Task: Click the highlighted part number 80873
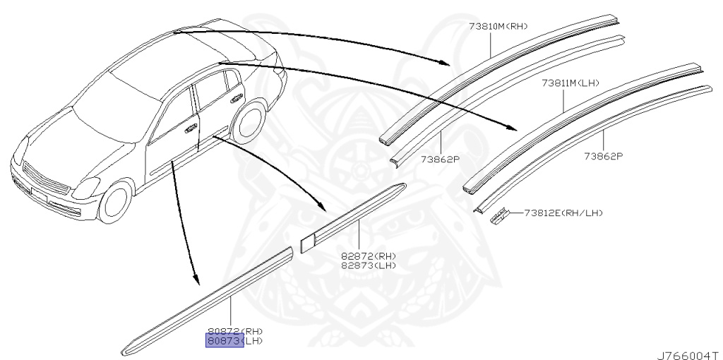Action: [x=224, y=342]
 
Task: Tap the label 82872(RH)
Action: [x=368, y=256]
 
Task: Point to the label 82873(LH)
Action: [x=368, y=265]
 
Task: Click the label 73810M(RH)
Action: [x=498, y=27]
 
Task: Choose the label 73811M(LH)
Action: [x=570, y=83]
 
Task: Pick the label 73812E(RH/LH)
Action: [x=563, y=212]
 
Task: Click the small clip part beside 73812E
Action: [x=499, y=215]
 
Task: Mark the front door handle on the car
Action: [x=191, y=129]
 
